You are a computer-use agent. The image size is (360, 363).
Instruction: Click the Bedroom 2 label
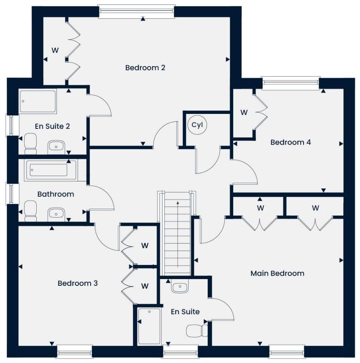click(x=145, y=68)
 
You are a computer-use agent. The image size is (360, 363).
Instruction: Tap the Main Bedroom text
click(x=277, y=273)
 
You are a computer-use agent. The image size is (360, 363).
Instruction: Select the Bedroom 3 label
click(x=77, y=284)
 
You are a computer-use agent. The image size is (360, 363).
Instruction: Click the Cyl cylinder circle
click(x=197, y=125)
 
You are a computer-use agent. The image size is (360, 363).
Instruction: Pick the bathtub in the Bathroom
click(x=51, y=170)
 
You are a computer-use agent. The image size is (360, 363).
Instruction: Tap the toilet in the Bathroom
click(x=30, y=211)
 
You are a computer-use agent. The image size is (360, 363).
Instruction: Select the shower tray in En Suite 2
click(x=38, y=101)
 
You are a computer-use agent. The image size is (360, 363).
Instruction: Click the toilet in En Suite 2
click(x=31, y=144)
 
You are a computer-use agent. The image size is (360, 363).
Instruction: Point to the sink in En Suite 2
click(x=57, y=146)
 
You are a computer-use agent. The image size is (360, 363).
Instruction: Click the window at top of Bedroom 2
click(x=137, y=12)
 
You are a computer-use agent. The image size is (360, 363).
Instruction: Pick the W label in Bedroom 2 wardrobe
click(x=55, y=50)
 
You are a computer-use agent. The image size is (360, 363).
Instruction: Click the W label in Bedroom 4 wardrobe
click(x=244, y=112)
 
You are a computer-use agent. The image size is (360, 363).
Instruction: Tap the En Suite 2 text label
click(x=52, y=126)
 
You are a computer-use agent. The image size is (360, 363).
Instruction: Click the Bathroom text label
click(x=55, y=194)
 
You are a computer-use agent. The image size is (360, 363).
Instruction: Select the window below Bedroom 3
click(x=74, y=351)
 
